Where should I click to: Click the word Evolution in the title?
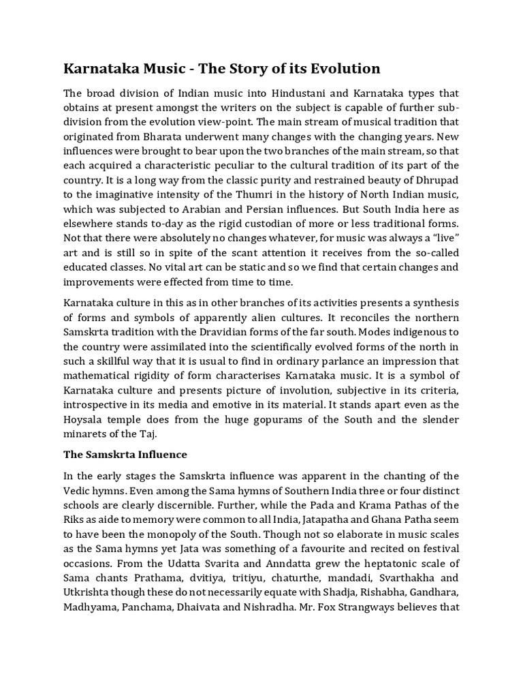click(347, 69)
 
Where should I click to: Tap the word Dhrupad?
click(435, 183)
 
